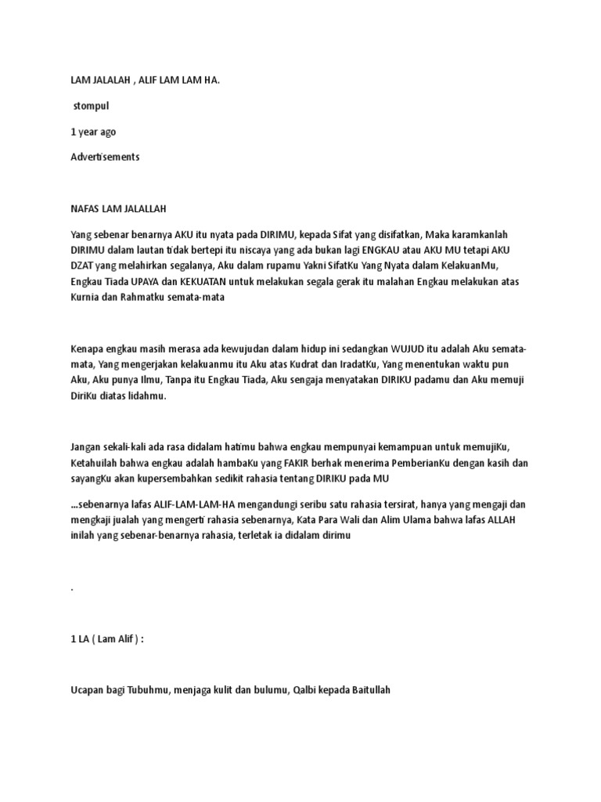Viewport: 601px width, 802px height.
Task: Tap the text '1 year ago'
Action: pos(93,132)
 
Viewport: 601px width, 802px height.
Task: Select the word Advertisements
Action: pos(105,157)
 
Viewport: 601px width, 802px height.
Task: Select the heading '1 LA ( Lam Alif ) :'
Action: pos(107,638)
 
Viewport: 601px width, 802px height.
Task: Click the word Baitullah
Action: pos(365,689)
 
